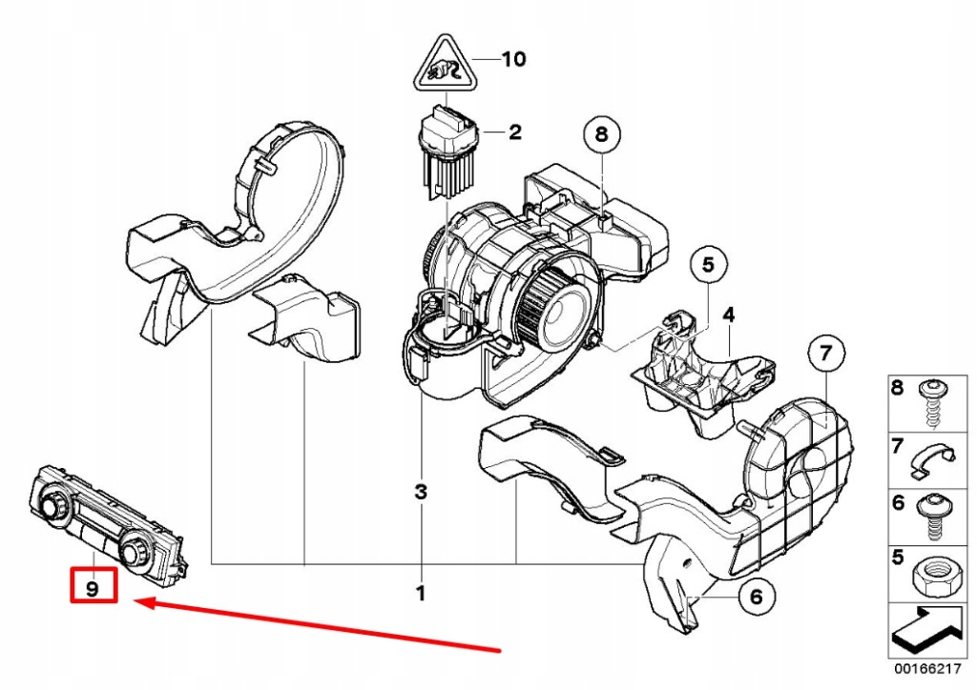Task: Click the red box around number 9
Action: click(x=93, y=586)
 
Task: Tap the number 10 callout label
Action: click(x=513, y=60)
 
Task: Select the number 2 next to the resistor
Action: click(x=515, y=132)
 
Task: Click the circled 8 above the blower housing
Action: click(x=601, y=135)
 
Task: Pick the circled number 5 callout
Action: click(x=709, y=266)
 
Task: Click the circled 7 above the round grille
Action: click(x=826, y=355)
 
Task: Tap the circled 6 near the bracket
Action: click(x=754, y=598)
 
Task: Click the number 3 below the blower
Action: click(x=420, y=493)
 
